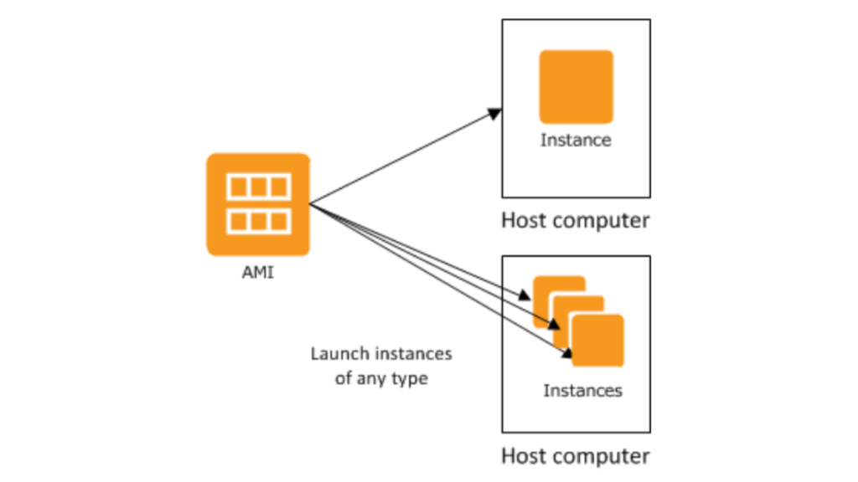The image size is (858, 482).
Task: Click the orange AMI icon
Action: pos(258,203)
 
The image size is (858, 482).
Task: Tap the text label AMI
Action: pos(258,274)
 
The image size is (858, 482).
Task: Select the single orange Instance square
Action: pos(576,87)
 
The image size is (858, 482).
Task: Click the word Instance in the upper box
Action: pos(576,140)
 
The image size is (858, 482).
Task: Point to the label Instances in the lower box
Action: pos(582,390)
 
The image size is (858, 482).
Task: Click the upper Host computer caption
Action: pos(575,221)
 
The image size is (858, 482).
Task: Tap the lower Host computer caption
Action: pos(575,456)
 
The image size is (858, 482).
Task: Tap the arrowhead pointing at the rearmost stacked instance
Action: pos(525,295)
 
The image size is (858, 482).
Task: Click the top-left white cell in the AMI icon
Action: pos(238,187)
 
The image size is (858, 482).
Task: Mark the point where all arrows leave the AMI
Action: pos(311,203)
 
